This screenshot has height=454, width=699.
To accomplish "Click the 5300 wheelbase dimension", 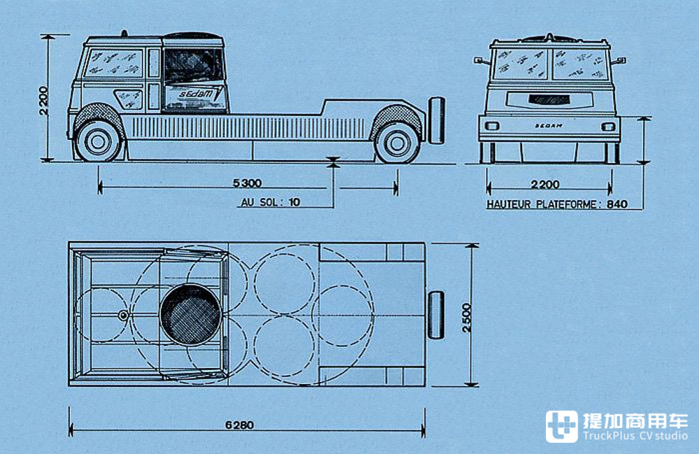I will [x=248, y=183].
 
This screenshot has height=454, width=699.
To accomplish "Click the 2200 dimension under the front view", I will [x=545, y=185].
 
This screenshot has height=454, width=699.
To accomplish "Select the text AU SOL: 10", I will [x=270, y=203].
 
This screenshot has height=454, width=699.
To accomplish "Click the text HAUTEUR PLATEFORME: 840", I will [x=556, y=205].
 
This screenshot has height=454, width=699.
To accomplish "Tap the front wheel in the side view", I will [x=98, y=141].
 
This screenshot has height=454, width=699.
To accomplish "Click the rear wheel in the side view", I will [x=396, y=142].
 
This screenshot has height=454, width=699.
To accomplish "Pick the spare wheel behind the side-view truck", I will [x=437, y=121].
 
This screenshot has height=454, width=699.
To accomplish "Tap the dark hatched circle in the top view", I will [x=190, y=314].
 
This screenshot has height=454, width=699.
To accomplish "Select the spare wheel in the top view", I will [x=436, y=315].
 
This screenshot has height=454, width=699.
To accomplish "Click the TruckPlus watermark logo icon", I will [x=562, y=426].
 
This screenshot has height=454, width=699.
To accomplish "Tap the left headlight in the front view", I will [x=492, y=126].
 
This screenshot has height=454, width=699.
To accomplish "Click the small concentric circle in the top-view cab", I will [x=123, y=315].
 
